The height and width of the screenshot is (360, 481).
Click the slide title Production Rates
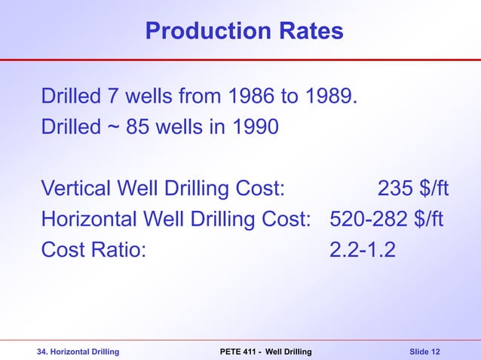tap(244, 31)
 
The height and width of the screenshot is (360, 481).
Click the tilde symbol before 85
tap(109, 127)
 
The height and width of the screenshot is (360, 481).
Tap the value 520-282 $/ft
tap(387, 219)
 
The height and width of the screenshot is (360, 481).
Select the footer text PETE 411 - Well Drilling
tap(265, 352)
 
